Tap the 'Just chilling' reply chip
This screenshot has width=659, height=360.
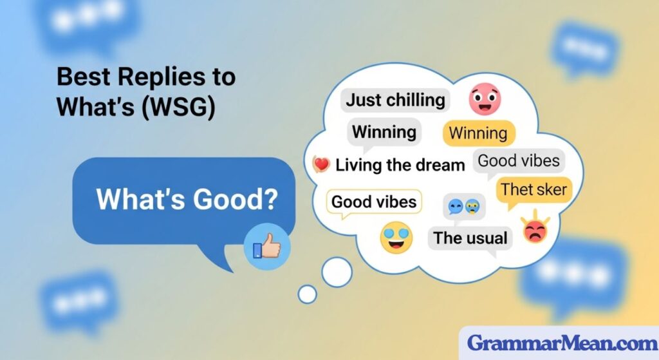395,100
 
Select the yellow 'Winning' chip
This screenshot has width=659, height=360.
478,134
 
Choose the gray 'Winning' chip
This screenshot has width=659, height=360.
384,133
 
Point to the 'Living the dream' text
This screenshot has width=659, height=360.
400,165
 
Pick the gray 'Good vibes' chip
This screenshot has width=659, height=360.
519,160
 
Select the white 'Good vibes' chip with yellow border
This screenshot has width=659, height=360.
374,202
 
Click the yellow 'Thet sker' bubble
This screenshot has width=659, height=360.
534,189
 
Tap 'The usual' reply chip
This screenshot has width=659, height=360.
470,238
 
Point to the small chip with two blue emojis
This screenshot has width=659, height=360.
466,207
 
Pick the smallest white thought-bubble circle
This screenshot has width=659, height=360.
308,294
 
